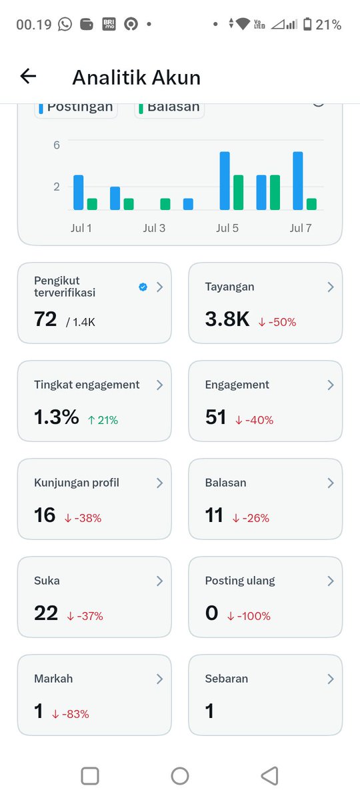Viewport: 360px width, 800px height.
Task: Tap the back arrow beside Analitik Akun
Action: coord(28,76)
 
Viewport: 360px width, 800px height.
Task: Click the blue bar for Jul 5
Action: coord(225,181)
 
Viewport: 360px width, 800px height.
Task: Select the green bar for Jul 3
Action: coord(165,204)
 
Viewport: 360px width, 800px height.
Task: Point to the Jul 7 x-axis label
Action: coord(301,228)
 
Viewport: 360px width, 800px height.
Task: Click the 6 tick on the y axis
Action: coord(57,145)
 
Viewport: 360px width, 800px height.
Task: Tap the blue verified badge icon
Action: coord(143,287)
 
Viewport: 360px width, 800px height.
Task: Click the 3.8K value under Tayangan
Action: coord(227,319)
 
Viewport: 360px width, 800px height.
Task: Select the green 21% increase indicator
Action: coord(103,420)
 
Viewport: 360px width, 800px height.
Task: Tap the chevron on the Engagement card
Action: coord(331,385)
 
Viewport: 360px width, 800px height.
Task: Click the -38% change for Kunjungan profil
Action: coord(83,518)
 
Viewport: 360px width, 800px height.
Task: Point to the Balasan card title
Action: coord(226,483)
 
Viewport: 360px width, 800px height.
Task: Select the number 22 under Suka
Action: coord(46,613)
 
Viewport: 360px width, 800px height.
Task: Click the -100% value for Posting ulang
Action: coord(249,616)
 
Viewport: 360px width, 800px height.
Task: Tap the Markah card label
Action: coord(53,679)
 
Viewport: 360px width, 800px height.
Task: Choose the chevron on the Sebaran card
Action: coord(331,679)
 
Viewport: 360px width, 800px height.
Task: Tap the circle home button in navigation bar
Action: coord(180,776)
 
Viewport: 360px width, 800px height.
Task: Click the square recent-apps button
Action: coord(90,776)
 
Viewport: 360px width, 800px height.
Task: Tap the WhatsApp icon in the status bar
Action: coord(65,24)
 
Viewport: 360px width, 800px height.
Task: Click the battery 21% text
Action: coord(328,25)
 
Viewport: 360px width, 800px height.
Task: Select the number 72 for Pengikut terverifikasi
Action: coord(45,319)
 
